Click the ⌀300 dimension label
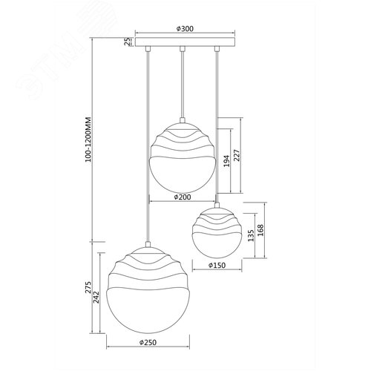tap(185, 29)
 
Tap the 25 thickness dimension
tap(128, 42)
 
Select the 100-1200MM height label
tap(88, 139)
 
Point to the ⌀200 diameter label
tap(183, 197)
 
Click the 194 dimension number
tap(226, 161)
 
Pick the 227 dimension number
tap(237, 155)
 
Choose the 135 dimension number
tap(251, 235)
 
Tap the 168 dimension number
tap(260, 230)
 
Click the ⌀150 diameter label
tap(217, 266)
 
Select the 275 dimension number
tap(88, 287)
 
